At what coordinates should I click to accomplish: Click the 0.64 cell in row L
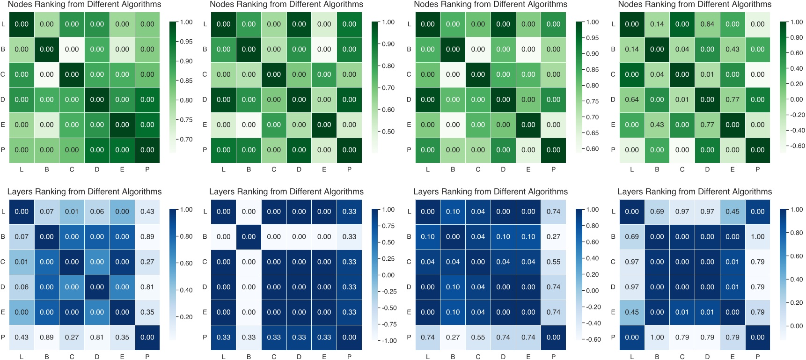click(707, 24)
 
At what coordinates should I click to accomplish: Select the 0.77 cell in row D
click(733, 100)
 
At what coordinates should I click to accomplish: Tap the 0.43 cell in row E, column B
click(657, 125)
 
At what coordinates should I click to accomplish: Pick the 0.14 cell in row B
click(632, 49)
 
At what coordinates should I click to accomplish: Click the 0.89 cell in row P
click(47, 338)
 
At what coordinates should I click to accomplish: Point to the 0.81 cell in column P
click(147, 287)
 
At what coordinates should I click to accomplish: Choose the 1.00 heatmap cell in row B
click(758, 237)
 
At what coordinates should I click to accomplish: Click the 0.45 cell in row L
click(733, 212)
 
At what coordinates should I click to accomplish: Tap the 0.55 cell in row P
click(478, 338)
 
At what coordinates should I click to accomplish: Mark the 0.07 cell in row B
click(22, 237)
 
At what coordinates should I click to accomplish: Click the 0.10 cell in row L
click(453, 212)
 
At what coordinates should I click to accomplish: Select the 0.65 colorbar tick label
click(592, 133)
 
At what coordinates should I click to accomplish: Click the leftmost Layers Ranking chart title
click(84, 191)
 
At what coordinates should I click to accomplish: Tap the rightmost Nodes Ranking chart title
click(695, 4)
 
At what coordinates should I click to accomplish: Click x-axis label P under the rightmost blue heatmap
click(758, 357)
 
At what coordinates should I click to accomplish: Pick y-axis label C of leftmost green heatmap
click(3, 74)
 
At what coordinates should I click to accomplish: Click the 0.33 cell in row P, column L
click(224, 338)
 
